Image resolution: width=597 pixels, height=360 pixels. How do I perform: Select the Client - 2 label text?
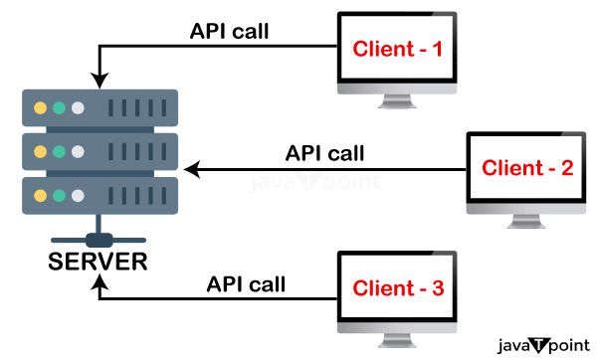pyautogui.click(x=527, y=167)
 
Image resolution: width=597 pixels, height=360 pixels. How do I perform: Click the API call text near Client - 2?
pyautogui.click(x=325, y=153)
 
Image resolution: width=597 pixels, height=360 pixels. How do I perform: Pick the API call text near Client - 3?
pyautogui.click(x=246, y=284)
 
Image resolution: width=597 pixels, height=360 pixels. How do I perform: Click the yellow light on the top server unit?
pyautogui.click(x=40, y=107)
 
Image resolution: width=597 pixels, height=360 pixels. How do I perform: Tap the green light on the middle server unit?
pyautogui.click(x=59, y=151)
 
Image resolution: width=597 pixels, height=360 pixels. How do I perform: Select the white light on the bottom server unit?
pyautogui.click(x=78, y=195)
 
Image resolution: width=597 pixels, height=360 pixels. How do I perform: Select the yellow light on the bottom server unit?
pyautogui.click(x=40, y=195)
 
